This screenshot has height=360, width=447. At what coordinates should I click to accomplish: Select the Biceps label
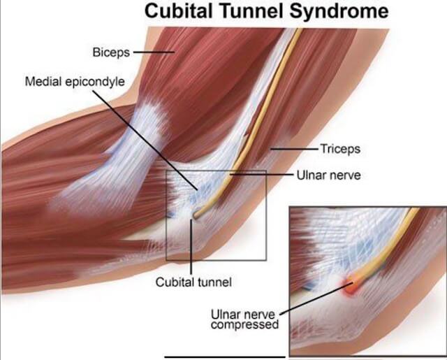110,52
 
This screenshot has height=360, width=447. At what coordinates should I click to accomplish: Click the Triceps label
339,149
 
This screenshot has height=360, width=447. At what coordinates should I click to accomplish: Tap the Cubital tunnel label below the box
193,282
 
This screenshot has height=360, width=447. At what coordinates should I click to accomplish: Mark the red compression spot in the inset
351,282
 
